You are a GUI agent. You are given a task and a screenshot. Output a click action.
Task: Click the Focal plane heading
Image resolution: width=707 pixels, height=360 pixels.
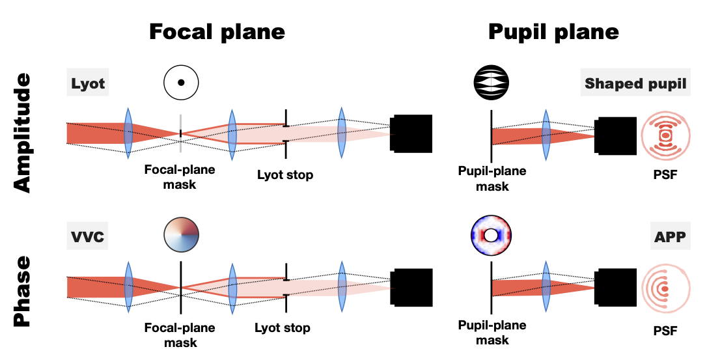217,31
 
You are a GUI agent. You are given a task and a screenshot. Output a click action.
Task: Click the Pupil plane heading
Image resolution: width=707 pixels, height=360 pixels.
554,31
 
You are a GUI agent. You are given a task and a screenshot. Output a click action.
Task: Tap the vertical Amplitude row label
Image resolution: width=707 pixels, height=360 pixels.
22,133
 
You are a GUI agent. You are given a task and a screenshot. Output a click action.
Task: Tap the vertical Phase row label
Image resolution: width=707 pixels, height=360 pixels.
22,290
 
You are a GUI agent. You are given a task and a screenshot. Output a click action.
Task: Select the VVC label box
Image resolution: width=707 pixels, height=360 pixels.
87,236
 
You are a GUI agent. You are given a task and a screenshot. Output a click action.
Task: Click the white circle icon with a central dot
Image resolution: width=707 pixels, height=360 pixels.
181,83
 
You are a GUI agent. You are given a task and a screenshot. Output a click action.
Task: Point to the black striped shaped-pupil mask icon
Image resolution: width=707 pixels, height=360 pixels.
492,83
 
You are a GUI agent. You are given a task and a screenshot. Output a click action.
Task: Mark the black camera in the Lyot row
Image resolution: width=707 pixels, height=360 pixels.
411,134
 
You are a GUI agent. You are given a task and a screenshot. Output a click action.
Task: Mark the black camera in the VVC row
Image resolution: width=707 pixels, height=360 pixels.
411,287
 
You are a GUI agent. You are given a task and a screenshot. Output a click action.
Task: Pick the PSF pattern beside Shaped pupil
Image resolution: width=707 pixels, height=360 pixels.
665,134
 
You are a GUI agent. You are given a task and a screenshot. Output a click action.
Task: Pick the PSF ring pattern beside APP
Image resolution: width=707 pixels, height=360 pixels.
665,287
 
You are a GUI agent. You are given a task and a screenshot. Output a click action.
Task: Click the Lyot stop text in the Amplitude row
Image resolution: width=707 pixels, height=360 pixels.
284,174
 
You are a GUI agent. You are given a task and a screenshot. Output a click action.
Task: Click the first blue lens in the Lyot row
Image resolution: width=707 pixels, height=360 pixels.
128,134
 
